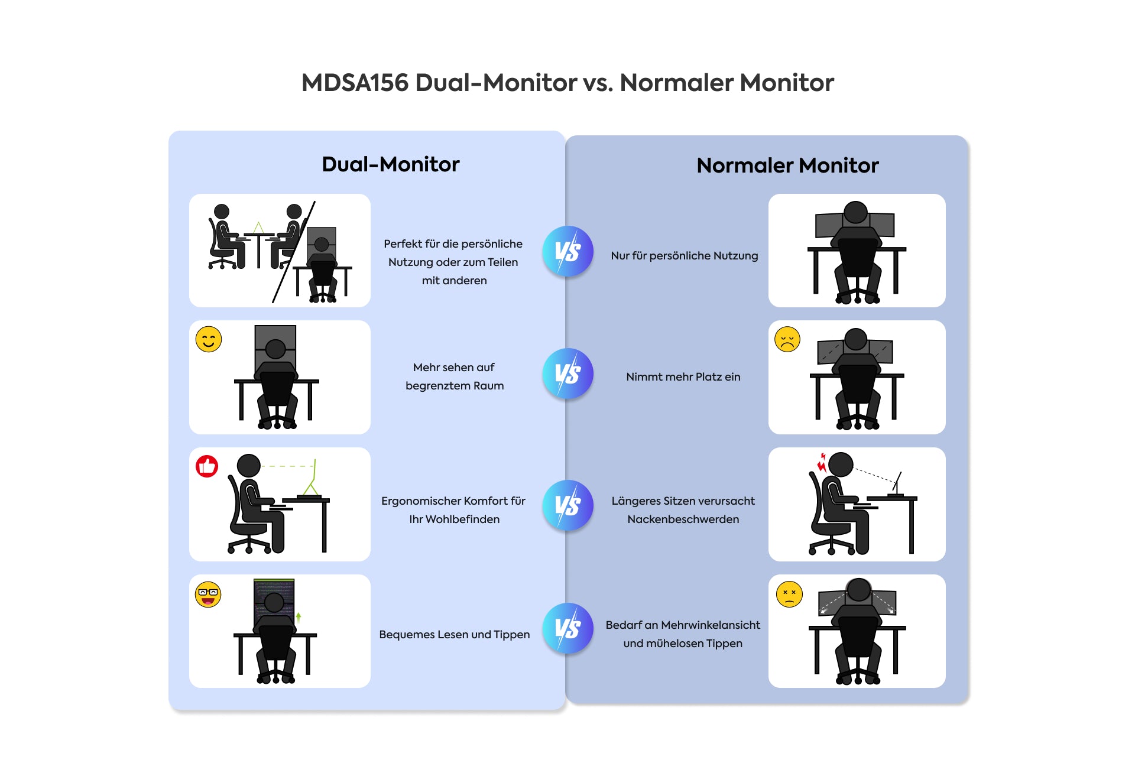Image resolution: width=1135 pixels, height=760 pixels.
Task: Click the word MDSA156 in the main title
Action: tap(355, 83)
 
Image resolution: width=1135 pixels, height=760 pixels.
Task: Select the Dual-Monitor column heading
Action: tap(390, 164)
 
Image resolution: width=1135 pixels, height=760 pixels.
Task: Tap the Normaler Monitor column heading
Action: tap(787, 165)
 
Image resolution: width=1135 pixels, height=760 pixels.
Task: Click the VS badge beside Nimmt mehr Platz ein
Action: tap(567, 373)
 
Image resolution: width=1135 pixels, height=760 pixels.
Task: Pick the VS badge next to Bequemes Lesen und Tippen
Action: tap(567, 628)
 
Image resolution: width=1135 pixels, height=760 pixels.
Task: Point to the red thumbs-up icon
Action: tap(207, 466)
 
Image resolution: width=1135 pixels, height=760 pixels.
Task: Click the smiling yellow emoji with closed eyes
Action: tap(209, 339)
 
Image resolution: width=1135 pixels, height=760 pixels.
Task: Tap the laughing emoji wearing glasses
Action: tap(208, 595)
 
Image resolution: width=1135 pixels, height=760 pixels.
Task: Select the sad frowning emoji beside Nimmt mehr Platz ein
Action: tap(787, 339)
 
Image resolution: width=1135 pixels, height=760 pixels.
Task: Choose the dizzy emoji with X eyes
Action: tap(789, 594)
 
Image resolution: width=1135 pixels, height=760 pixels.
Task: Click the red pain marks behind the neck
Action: tap(822, 463)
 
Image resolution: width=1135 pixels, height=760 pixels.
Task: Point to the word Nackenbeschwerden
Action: tap(683, 519)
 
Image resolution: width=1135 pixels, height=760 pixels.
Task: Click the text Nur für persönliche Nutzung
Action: tap(684, 256)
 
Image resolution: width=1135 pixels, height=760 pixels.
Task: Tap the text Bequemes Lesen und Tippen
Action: tap(454, 635)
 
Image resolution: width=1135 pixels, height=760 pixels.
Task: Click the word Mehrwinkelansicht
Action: tap(711, 625)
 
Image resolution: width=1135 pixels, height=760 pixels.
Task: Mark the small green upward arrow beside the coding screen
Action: tap(299, 617)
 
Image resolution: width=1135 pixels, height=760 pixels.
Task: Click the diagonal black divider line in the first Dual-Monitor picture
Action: tap(294, 251)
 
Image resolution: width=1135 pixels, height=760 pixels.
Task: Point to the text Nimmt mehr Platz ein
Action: tap(683, 377)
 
